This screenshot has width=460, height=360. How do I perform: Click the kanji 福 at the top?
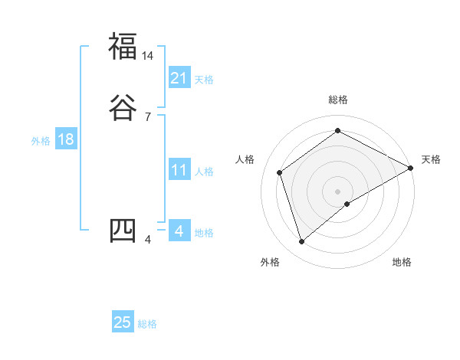click(123, 46)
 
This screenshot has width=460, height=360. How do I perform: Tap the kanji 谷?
click(123, 108)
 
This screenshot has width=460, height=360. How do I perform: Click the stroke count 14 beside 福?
click(148, 56)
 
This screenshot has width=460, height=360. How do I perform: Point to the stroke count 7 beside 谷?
click(148, 117)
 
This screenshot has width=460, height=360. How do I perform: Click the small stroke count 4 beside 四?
click(148, 241)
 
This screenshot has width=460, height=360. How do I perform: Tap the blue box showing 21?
click(179, 77)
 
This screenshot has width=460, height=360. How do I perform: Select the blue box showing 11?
click(179, 170)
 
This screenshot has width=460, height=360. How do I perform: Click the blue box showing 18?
click(65, 139)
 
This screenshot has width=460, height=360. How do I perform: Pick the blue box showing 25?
click(123, 322)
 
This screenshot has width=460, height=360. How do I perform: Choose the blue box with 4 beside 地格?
click(179, 231)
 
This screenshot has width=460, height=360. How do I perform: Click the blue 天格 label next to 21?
click(204, 79)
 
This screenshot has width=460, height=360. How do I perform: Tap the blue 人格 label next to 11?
click(204, 172)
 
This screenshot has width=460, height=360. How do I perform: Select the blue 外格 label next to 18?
click(41, 141)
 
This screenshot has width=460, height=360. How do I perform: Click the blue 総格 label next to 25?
click(147, 324)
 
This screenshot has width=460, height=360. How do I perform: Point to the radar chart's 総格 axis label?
click(337, 100)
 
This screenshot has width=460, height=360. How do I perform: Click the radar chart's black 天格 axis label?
click(431, 159)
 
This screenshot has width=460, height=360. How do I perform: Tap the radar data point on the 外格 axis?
click(301, 242)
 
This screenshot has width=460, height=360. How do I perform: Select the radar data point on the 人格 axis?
click(280, 172)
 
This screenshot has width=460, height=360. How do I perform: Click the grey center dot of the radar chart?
click(337, 191)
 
